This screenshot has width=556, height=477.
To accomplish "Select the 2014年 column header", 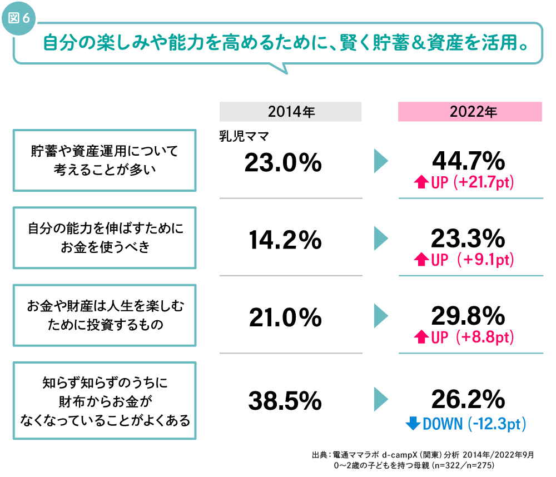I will [291, 112].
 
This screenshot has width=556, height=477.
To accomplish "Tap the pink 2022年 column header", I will [470, 112].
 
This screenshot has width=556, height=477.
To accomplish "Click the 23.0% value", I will [283, 163].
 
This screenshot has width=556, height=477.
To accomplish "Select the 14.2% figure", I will [283, 240].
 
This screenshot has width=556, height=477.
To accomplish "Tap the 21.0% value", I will [283, 317].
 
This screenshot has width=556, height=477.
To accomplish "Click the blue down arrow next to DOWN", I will [413, 424].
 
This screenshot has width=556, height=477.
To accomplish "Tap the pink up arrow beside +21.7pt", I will [421, 182].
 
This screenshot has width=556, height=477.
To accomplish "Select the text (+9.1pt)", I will [483, 260].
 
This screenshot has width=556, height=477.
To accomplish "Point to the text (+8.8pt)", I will [483, 337].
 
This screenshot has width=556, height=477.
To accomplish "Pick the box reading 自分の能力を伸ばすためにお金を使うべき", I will [105, 238].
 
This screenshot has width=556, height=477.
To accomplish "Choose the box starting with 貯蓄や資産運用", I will [105, 160].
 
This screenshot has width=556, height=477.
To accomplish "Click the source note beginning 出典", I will [423, 460].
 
